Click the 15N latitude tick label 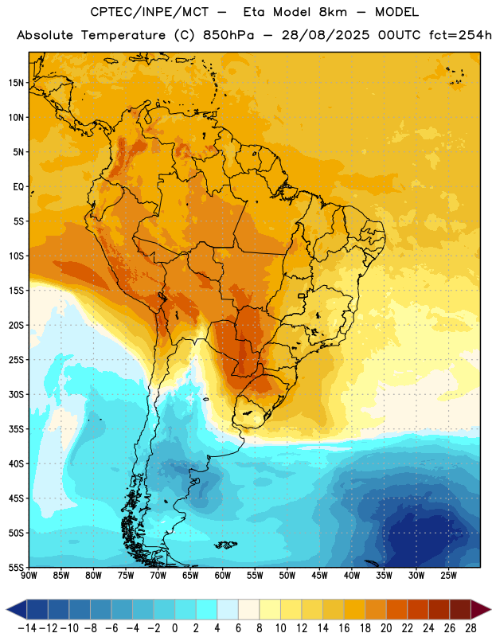pos(16,83)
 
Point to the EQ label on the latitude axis pos(18,187)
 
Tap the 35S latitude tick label pos(16,429)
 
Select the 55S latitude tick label pos(16,567)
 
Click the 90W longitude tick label pos(29,576)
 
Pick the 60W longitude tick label pos(223,576)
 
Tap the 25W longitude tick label pos(448,576)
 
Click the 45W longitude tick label pos(319,576)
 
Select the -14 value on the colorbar pos(27,628)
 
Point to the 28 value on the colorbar pos(471,628)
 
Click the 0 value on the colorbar pos(174,628)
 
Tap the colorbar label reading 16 pos(344,628)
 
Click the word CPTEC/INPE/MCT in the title pos(150,12)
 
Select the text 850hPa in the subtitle pos(228,35)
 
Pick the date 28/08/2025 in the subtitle pos(326,35)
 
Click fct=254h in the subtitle pos(460,35)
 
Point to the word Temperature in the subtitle pos(123,36)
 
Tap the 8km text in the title pos(333,12)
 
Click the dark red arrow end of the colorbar pos(481,610)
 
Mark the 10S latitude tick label pos(16,256)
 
